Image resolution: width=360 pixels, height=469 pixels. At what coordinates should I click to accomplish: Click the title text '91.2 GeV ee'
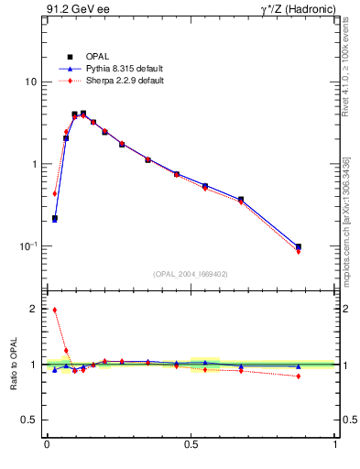[x=76, y=10]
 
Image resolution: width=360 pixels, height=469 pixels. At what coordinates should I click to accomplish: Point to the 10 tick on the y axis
[x=30, y=82]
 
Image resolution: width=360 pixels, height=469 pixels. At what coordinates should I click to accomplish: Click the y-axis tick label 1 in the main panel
[x=33, y=164]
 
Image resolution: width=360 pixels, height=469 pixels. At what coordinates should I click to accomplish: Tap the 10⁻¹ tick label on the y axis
[x=27, y=245]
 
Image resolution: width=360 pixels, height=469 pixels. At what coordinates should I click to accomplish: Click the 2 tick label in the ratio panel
[x=33, y=310]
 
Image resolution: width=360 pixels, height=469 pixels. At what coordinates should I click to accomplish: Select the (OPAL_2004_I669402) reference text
[x=191, y=273]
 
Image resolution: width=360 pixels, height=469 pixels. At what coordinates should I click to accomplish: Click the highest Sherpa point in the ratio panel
[x=55, y=310]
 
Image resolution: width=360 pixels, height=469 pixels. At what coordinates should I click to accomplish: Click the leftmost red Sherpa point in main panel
[x=55, y=193]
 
